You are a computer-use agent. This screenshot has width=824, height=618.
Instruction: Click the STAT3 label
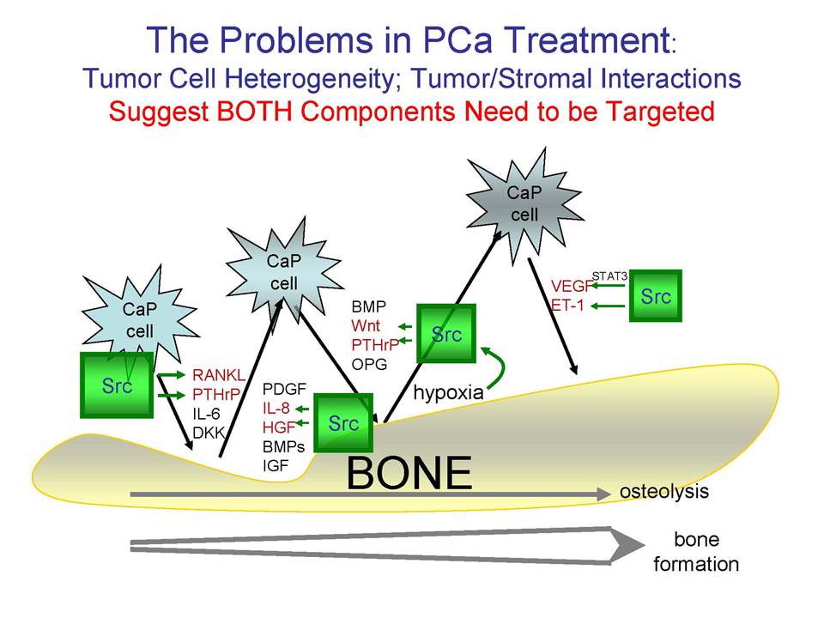(609, 276)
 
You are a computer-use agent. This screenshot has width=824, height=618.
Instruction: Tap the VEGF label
(571, 286)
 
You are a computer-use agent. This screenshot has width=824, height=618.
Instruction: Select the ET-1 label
(567, 305)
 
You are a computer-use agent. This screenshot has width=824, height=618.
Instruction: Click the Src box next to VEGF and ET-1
(655, 296)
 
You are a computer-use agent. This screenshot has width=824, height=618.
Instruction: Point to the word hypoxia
(448, 392)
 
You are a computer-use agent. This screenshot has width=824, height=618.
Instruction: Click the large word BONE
(409, 473)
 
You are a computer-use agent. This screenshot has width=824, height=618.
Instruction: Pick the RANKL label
(219, 375)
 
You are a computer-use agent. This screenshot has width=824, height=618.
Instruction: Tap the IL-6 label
(206, 414)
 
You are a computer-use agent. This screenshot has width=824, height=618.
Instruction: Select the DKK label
(209, 433)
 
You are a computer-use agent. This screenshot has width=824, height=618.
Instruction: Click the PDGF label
(284, 389)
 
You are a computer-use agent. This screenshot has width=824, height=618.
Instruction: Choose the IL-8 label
(276, 409)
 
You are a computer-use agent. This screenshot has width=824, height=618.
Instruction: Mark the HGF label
(278, 427)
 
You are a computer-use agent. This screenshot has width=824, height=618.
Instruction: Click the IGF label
(276, 465)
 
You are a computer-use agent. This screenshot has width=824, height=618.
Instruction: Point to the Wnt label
(366, 326)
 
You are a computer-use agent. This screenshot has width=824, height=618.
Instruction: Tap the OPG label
(369, 364)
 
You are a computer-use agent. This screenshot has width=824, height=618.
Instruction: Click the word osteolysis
(664, 491)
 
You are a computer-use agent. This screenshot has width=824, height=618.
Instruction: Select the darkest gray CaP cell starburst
(525, 205)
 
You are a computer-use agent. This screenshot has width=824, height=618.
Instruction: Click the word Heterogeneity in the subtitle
(309, 79)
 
